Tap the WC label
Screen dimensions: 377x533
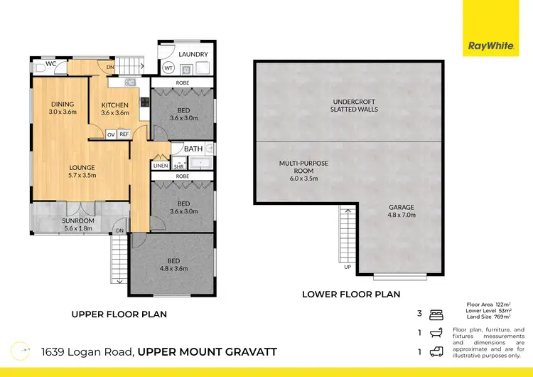[x=50, y=63]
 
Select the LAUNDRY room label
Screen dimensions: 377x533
[x=193, y=54]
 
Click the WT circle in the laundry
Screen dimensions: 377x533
[x=168, y=68]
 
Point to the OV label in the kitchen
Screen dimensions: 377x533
[x=110, y=134]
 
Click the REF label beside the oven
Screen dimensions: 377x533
[x=123, y=134]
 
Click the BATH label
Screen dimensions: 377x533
[x=193, y=149]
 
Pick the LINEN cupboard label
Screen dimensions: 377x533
[x=160, y=166]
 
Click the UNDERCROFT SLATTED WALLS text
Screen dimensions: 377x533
[x=353, y=105]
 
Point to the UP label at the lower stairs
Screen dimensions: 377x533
[x=347, y=267]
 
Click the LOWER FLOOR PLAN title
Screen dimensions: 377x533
[x=350, y=294]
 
